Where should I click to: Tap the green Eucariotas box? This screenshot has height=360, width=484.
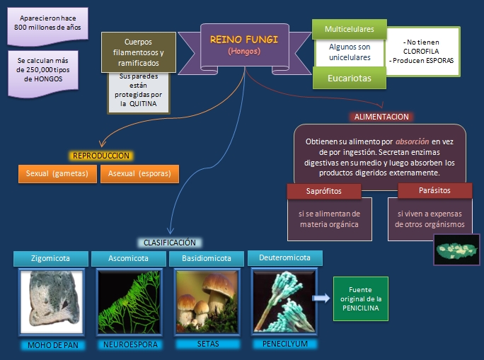(349, 79)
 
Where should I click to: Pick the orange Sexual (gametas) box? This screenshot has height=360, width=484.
(57, 173)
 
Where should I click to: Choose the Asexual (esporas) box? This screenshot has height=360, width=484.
(139, 173)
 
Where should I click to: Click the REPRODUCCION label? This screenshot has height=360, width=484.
(102, 156)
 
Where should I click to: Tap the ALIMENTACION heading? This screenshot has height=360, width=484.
(382, 117)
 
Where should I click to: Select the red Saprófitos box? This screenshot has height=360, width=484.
(323, 191)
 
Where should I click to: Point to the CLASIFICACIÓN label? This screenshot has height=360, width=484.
(169, 243)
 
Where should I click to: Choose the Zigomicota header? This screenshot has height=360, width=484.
(52, 258)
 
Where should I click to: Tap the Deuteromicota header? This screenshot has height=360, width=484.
(284, 257)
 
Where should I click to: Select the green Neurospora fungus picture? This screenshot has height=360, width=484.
(129, 301)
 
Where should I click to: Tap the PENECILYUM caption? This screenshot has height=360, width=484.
(284, 344)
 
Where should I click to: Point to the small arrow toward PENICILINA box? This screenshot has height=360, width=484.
(321, 299)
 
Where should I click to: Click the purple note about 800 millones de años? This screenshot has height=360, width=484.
(47, 23)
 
